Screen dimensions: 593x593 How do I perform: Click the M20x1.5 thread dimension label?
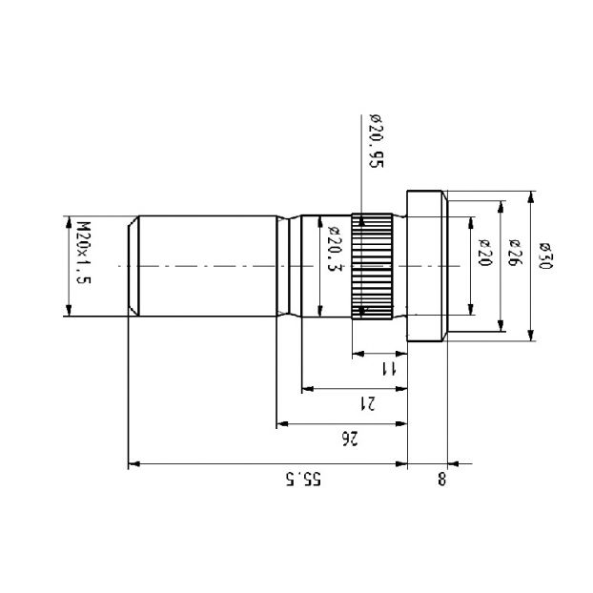tap(84, 253)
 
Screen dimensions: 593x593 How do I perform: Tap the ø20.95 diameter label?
tap(377, 141)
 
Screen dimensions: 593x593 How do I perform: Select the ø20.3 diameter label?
tap(334, 249)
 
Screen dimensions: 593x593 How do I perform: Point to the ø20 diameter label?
tap(485, 253)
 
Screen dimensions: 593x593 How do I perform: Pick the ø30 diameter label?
tap(545, 256)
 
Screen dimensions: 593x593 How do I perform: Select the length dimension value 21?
tap(367, 403)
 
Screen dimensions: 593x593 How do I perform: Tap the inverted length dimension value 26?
tap(349, 439)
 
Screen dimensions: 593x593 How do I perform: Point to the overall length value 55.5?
tap(303, 479)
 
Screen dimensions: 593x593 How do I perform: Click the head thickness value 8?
tap(442, 479)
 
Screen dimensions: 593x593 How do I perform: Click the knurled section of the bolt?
tap(372, 266)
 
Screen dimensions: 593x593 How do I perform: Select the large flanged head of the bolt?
tap(427, 266)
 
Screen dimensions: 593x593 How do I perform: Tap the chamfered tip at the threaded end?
tap(133, 266)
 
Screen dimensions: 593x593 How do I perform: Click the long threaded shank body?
tap(208, 266)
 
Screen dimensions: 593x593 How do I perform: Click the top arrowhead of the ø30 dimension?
tap(531, 196)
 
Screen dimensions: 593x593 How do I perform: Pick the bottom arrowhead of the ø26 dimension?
tap(501, 326)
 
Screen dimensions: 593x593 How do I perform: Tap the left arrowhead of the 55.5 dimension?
tap(134, 463)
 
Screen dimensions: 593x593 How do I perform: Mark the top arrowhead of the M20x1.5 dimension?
tap(69, 221)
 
